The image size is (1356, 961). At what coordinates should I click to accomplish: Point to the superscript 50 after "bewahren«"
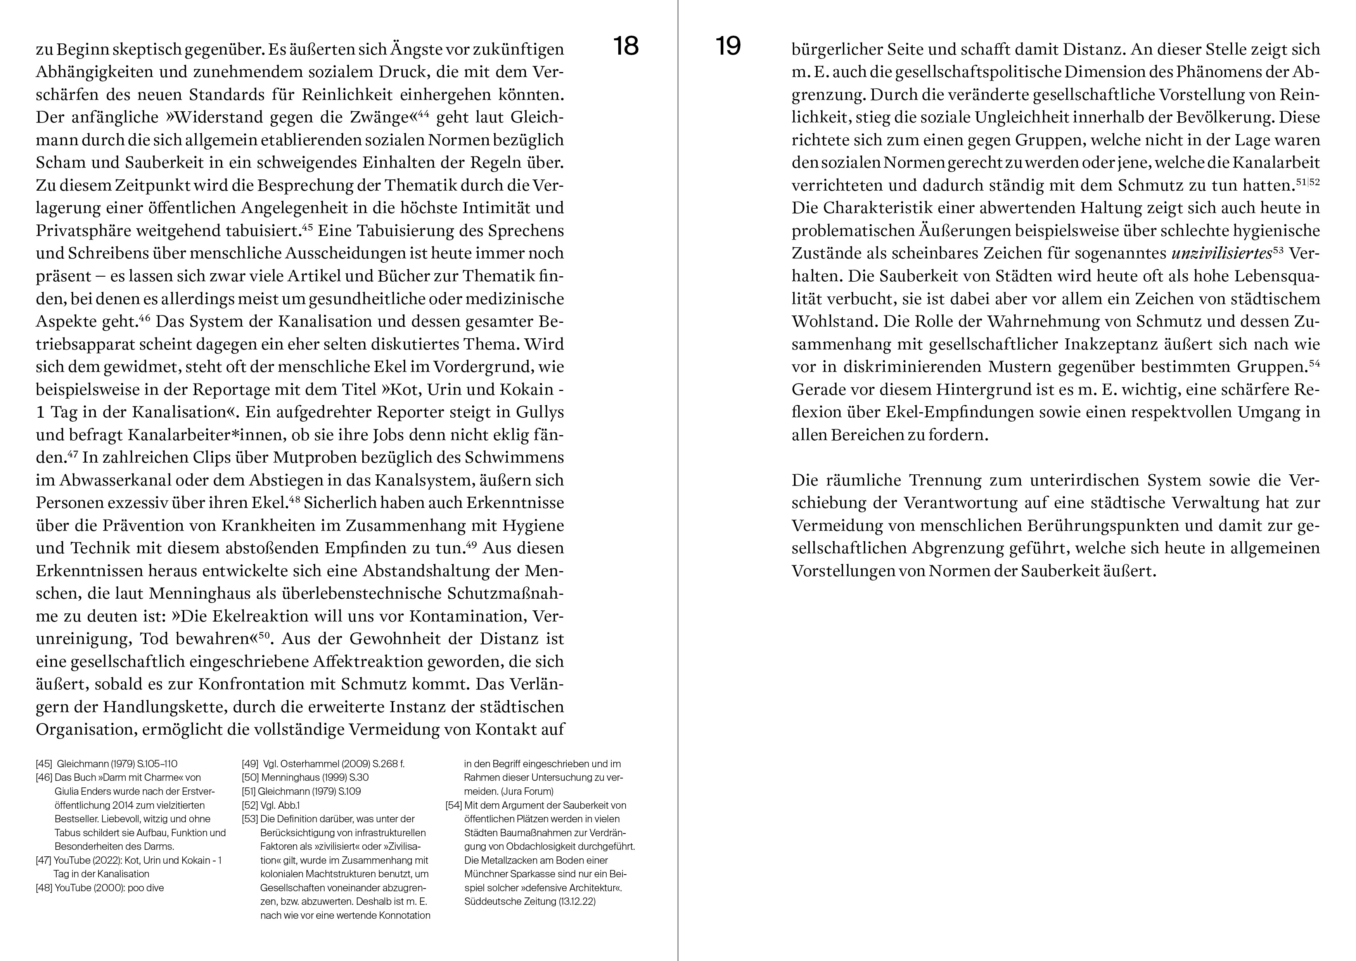click(264, 635)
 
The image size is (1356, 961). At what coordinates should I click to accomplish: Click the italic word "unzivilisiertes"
click(1221, 253)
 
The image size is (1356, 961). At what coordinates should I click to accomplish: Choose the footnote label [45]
click(44, 764)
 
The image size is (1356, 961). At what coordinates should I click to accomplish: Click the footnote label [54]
click(453, 805)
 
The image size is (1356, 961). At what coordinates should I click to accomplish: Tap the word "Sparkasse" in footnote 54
click(526, 874)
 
